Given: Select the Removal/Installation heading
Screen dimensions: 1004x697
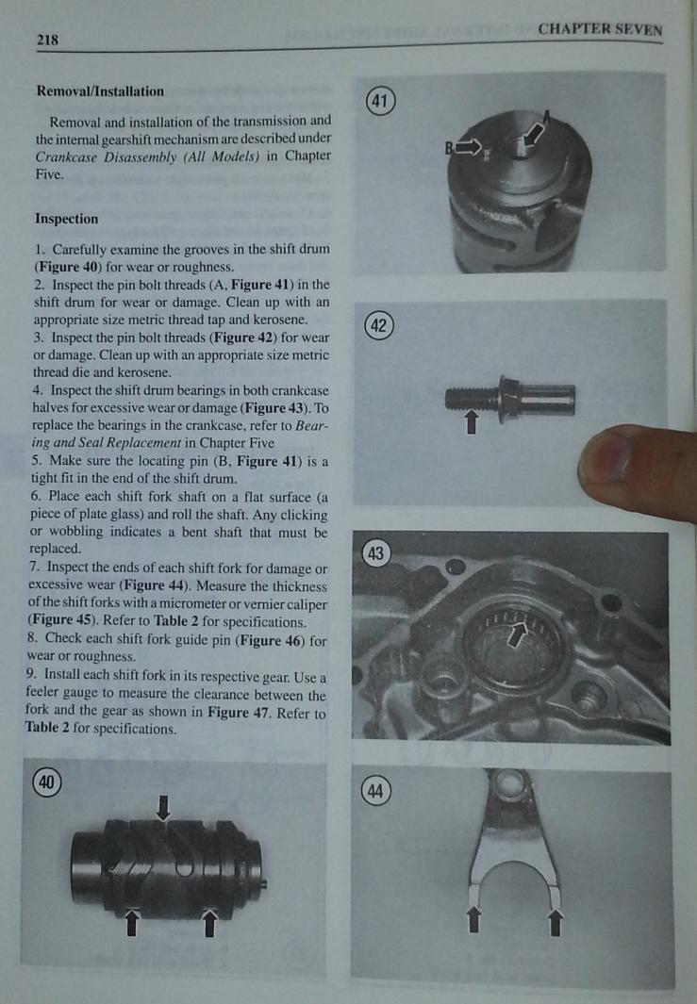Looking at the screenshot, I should [x=99, y=92].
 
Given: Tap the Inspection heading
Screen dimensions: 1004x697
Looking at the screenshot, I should [x=66, y=219].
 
